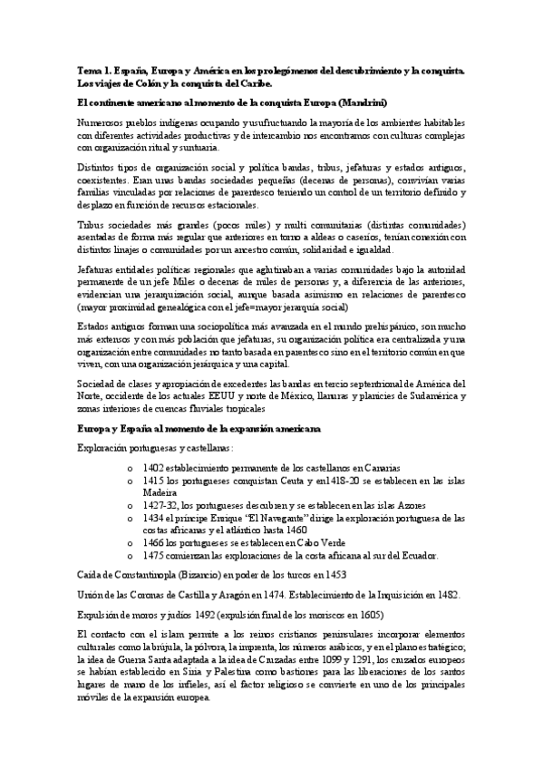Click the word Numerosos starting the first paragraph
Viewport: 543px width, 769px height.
(x=102, y=123)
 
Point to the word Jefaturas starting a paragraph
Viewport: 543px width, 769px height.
(x=98, y=271)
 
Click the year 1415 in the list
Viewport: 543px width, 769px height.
(x=153, y=481)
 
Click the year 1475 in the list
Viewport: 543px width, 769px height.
(x=153, y=554)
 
